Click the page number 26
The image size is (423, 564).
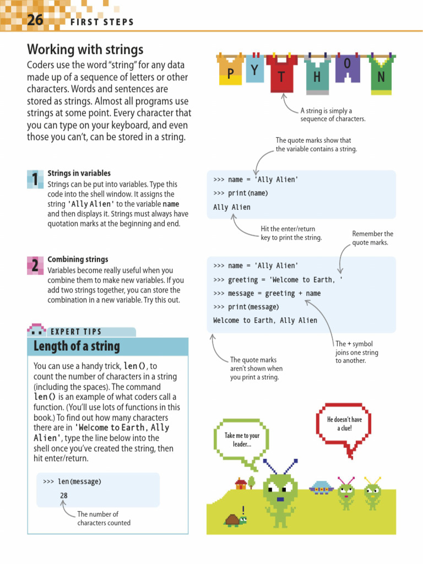click(x=35, y=21)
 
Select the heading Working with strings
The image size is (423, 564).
click(x=85, y=50)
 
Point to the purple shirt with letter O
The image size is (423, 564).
click(x=348, y=67)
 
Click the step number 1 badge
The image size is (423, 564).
click(x=35, y=180)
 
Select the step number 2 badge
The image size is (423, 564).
click(x=35, y=265)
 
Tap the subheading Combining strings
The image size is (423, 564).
click(x=78, y=259)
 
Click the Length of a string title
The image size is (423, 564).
click(x=77, y=346)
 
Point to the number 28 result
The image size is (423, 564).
click(x=64, y=496)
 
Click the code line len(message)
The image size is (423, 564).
click(x=79, y=482)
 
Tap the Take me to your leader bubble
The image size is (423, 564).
click(x=242, y=440)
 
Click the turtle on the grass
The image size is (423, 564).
click(x=235, y=519)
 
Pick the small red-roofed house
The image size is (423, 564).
click(x=241, y=484)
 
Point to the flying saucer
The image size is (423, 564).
click(x=321, y=487)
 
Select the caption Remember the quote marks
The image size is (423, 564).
click(x=372, y=238)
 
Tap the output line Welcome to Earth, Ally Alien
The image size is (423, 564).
click(x=265, y=321)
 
